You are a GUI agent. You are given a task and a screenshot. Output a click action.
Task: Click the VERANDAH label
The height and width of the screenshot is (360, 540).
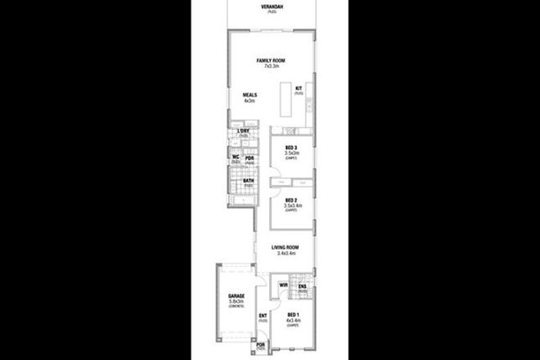pyautogui.click(x=269, y=7)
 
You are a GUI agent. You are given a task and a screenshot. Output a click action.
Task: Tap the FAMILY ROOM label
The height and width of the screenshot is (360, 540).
pyautogui.click(x=269, y=61)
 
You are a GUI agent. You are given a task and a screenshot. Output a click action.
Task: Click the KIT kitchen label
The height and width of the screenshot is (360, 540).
pyautogui.click(x=299, y=88)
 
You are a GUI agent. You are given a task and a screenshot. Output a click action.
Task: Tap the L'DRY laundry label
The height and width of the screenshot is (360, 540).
pyautogui.click(x=243, y=132)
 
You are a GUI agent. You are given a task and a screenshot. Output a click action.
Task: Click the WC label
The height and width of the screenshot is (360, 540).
pyautogui.click(x=235, y=156)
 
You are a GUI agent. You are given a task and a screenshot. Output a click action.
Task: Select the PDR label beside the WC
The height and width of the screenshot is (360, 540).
pyautogui.click(x=250, y=158)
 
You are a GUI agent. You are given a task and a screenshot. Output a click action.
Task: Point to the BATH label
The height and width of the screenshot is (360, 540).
pyautogui.click(x=247, y=181)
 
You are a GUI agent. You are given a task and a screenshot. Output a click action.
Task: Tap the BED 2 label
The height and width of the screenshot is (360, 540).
pyautogui.click(x=290, y=200)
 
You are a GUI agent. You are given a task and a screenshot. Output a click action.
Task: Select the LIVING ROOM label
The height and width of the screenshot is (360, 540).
pyautogui.click(x=286, y=247)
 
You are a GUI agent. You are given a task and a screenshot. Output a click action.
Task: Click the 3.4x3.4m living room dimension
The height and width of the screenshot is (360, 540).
pyautogui.click(x=286, y=254)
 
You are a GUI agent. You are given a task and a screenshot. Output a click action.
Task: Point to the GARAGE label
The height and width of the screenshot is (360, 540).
pyautogui.click(x=226, y=296)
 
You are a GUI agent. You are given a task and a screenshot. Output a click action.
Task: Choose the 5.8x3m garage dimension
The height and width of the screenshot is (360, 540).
pyautogui.click(x=226, y=303)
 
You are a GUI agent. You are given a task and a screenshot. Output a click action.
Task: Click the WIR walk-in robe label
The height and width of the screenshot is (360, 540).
pyautogui.click(x=283, y=285)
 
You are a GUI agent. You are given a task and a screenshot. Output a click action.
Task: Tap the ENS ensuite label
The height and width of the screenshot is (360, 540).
pyautogui.click(x=302, y=286)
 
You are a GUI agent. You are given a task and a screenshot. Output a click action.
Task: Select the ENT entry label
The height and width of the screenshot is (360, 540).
pyautogui.click(x=263, y=316)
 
